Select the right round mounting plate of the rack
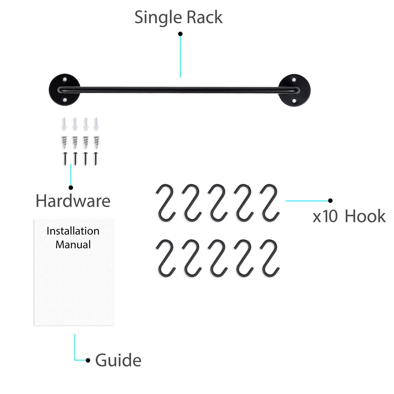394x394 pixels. click(x=295, y=90)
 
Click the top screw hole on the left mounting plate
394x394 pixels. click(x=65, y=80)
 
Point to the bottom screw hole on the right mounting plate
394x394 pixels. click(x=294, y=101)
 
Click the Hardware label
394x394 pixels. click(x=73, y=201)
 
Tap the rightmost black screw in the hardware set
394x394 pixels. click(x=96, y=159)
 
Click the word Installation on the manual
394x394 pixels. click(x=73, y=231)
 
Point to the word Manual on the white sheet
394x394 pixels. click(x=73, y=244)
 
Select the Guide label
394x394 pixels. click(x=118, y=360)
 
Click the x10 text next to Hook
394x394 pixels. click(x=325, y=217)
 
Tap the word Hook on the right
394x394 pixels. click(x=365, y=217)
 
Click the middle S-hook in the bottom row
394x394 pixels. click(x=218, y=258)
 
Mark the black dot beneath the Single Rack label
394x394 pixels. click(x=180, y=34)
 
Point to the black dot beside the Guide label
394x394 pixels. click(x=88, y=360)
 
